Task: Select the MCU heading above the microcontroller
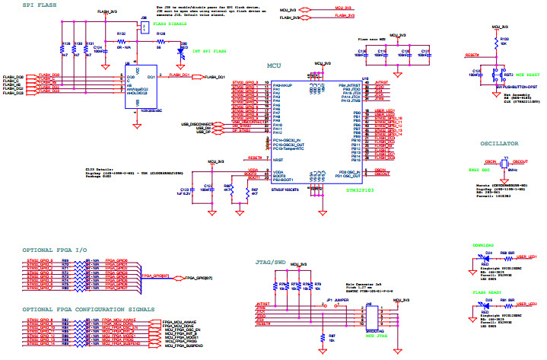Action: pyautogui.click(x=275, y=66)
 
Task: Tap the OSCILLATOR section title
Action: pyautogui.click(x=499, y=143)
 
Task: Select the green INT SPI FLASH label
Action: pyautogui.click(x=205, y=52)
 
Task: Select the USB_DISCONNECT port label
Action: pyautogui.click(x=196, y=123)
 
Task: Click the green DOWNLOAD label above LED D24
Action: pyautogui.click(x=484, y=246)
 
